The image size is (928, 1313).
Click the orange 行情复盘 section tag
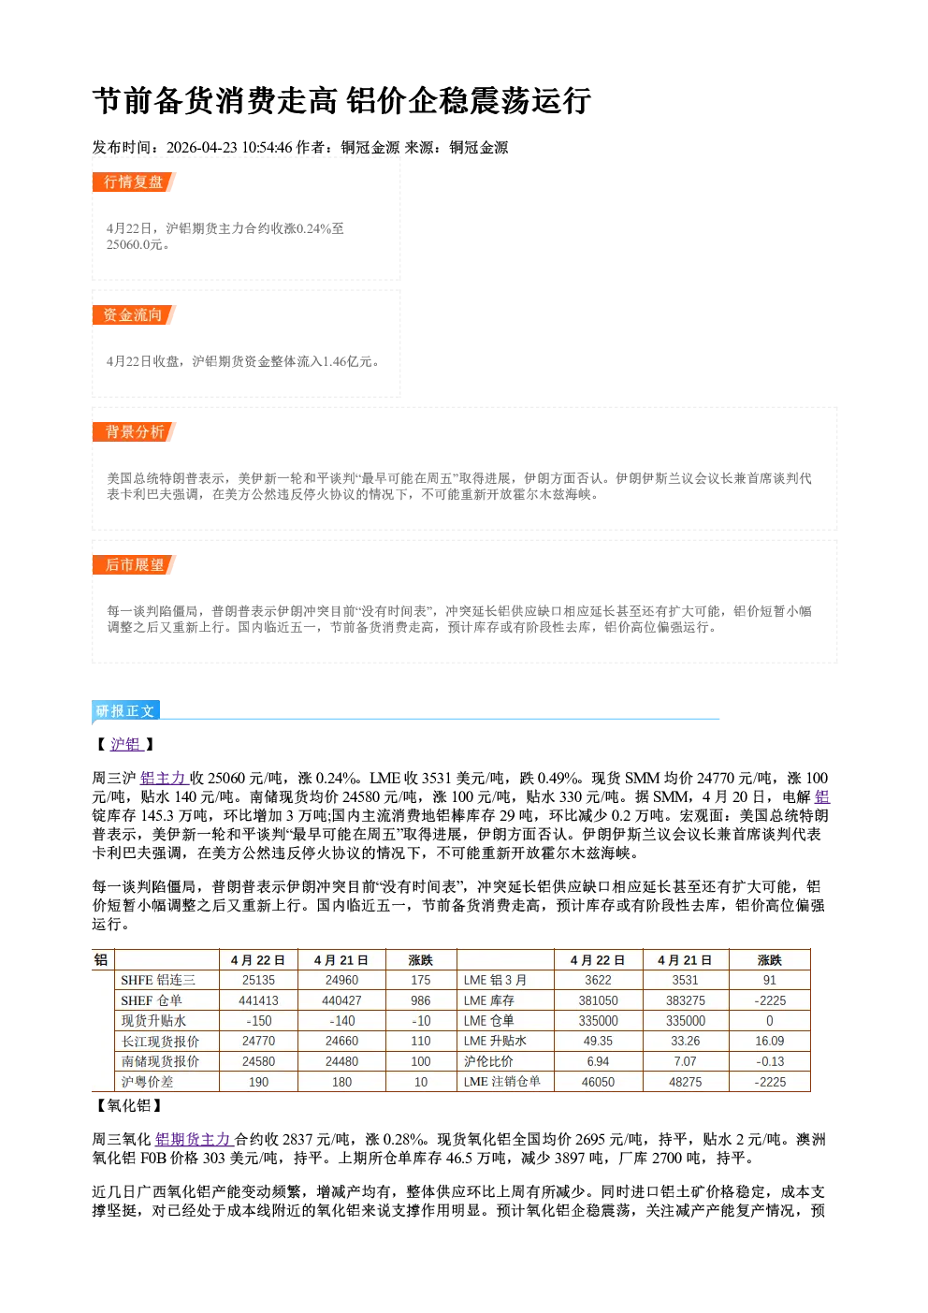coord(134,182)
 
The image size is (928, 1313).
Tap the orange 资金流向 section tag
coord(134,314)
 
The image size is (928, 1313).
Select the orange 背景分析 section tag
coord(134,432)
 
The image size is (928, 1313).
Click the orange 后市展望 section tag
coord(134,565)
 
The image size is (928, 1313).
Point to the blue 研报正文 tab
coord(125,711)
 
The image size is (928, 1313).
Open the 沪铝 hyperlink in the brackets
coord(126,744)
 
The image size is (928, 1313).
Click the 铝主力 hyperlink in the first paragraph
coord(164,779)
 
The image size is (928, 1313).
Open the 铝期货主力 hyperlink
coord(195,1140)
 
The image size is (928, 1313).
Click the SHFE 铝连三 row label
coord(158,980)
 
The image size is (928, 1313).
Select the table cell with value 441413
coord(258,1000)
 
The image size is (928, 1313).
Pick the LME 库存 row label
coord(489,1000)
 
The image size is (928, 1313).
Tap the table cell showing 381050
coord(598,1000)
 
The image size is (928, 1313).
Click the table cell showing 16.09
coord(769,1041)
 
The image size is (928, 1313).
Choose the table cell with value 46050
coord(598,1082)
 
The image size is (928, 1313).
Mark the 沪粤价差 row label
coord(147,1082)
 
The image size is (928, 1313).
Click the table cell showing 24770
coord(258,1041)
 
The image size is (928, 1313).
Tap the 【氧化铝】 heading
coord(127,1106)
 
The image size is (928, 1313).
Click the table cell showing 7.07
coord(685,1061)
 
